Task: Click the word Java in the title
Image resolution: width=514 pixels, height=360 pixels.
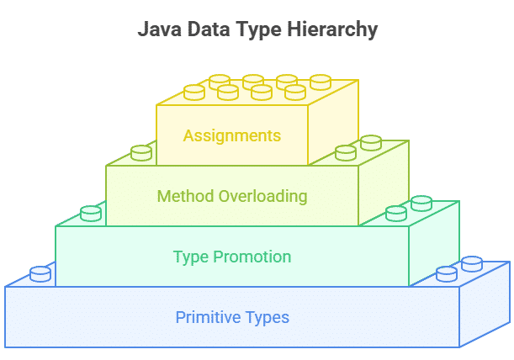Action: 159,29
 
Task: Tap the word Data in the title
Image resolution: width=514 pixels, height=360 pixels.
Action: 209,29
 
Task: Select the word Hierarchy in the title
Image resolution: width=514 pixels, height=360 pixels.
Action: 332,30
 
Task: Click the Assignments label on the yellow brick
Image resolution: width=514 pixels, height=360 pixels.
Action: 232,136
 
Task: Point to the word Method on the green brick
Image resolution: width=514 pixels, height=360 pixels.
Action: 186,196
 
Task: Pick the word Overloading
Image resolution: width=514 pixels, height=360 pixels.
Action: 263,197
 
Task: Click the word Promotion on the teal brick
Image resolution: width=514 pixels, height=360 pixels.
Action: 252,257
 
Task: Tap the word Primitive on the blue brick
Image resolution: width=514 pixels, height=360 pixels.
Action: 208,317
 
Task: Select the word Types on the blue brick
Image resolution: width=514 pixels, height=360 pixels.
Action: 268,318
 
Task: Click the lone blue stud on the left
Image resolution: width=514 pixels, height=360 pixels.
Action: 40,274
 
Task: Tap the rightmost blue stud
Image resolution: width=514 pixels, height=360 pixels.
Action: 472,264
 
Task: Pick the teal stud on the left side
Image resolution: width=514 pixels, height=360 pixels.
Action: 91,214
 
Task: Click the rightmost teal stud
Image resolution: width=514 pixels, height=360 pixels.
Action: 421,204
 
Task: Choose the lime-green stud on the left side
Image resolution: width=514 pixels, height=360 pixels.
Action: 141,153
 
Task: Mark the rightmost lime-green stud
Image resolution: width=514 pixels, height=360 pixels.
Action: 371,143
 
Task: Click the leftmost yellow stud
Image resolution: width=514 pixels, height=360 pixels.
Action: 194,93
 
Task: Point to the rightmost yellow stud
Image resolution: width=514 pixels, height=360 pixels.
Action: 321,82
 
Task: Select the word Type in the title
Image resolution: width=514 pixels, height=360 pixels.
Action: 258,30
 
